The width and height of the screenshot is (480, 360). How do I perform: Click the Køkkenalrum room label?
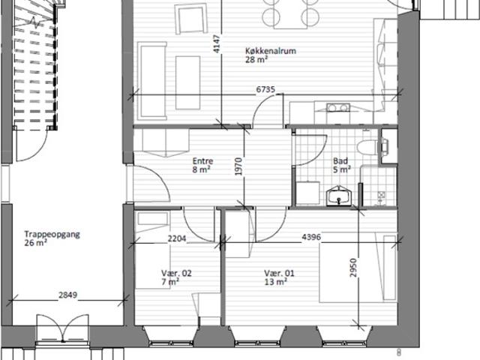point(271,51)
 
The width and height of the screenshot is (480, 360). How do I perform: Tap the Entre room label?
point(202,161)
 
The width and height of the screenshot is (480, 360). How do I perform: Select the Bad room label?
point(340,161)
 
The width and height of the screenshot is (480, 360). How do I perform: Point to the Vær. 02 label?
point(176,273)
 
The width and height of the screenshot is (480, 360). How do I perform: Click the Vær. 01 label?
point(279,273)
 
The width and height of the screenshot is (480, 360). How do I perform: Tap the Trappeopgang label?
point(52,235)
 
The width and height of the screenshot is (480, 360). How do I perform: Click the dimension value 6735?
point(265,90)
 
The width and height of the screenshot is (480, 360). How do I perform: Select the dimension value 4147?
point(217,44)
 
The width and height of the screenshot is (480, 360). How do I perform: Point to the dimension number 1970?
point(238,166)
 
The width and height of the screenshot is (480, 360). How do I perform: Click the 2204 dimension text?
point(177,238)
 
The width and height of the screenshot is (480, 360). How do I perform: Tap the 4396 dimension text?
point(311,237)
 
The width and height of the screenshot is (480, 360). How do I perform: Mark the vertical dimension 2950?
point(353,268)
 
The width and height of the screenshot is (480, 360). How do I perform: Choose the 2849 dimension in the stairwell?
point(68,295)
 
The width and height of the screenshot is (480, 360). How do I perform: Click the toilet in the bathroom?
point(367,147)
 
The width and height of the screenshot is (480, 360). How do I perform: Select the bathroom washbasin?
point(339,196)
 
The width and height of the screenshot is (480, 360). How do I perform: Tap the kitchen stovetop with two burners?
point(338,108)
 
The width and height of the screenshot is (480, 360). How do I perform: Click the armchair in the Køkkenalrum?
point(190,19)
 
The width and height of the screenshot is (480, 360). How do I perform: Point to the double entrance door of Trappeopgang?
point(63,328)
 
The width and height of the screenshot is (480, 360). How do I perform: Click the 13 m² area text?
point(275,282)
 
